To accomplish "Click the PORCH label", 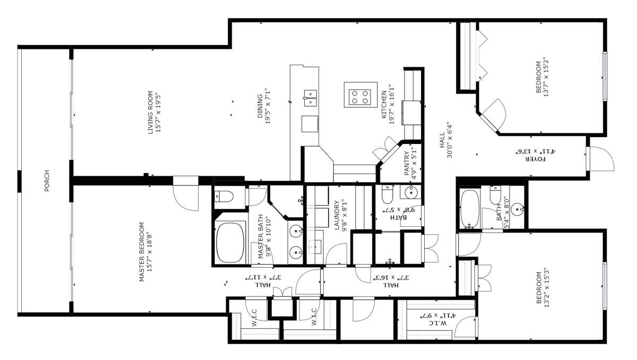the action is [x=47, y=181].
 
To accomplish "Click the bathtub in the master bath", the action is [x=230, y=243].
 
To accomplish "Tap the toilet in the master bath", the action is [x=223, y=196].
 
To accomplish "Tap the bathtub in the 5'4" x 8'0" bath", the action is [x=469, y=209].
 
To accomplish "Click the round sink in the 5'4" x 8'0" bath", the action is [x=517, y=210].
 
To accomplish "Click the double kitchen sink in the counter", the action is [x=310, y=98].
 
